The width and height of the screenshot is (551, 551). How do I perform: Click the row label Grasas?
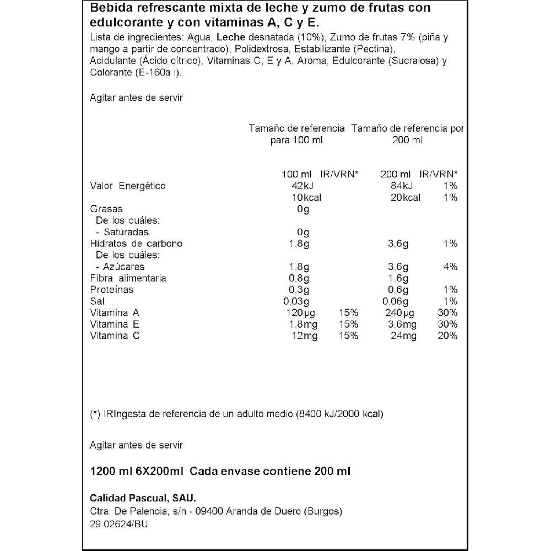click(x=106, y=209)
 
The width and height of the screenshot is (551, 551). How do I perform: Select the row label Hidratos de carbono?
click(x=136, y=244)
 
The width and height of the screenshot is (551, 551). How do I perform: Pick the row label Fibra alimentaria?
click(x=128, y=278)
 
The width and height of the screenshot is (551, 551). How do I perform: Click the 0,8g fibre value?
click(x=302, y=278)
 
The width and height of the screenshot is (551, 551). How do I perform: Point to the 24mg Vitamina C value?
click(x=402, y=336)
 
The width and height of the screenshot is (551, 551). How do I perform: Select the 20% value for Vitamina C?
click(x=448, y=336)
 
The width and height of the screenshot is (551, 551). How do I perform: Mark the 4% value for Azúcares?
click(x=450, y=267)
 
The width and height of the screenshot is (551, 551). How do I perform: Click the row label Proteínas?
click(x=111, y=290)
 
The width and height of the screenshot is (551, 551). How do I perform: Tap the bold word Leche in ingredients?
click(x=229, y=37)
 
